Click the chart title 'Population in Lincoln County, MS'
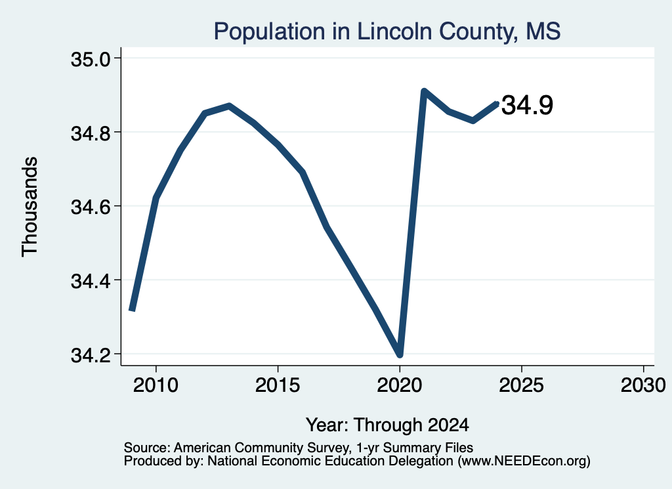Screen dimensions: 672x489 pos(387,32)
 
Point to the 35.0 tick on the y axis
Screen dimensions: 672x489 pos(91,59)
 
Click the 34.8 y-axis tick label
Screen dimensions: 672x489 pos(91,133)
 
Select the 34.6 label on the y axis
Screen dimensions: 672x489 pos(91,207)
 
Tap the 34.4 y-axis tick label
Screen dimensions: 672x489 pos(91,281)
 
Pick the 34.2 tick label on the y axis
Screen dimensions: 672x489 pos(91,355)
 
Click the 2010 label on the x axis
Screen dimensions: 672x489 pos(156,385)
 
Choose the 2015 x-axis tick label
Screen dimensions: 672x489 pos(278,385)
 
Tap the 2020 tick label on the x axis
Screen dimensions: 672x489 pos(400,385)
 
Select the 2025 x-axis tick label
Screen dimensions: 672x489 pos(522,385)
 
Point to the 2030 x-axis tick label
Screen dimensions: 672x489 pos(643,385)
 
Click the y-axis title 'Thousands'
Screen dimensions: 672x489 pos(30,207)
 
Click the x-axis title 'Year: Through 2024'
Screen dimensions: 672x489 pos(387,425)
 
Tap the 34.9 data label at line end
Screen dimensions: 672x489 pos(527,106)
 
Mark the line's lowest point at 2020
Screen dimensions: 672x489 pos(400,354)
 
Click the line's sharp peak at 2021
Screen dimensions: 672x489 pos(424,91)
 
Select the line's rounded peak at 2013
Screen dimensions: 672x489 pos(229,106)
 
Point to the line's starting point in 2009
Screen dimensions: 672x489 pos(132,309)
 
